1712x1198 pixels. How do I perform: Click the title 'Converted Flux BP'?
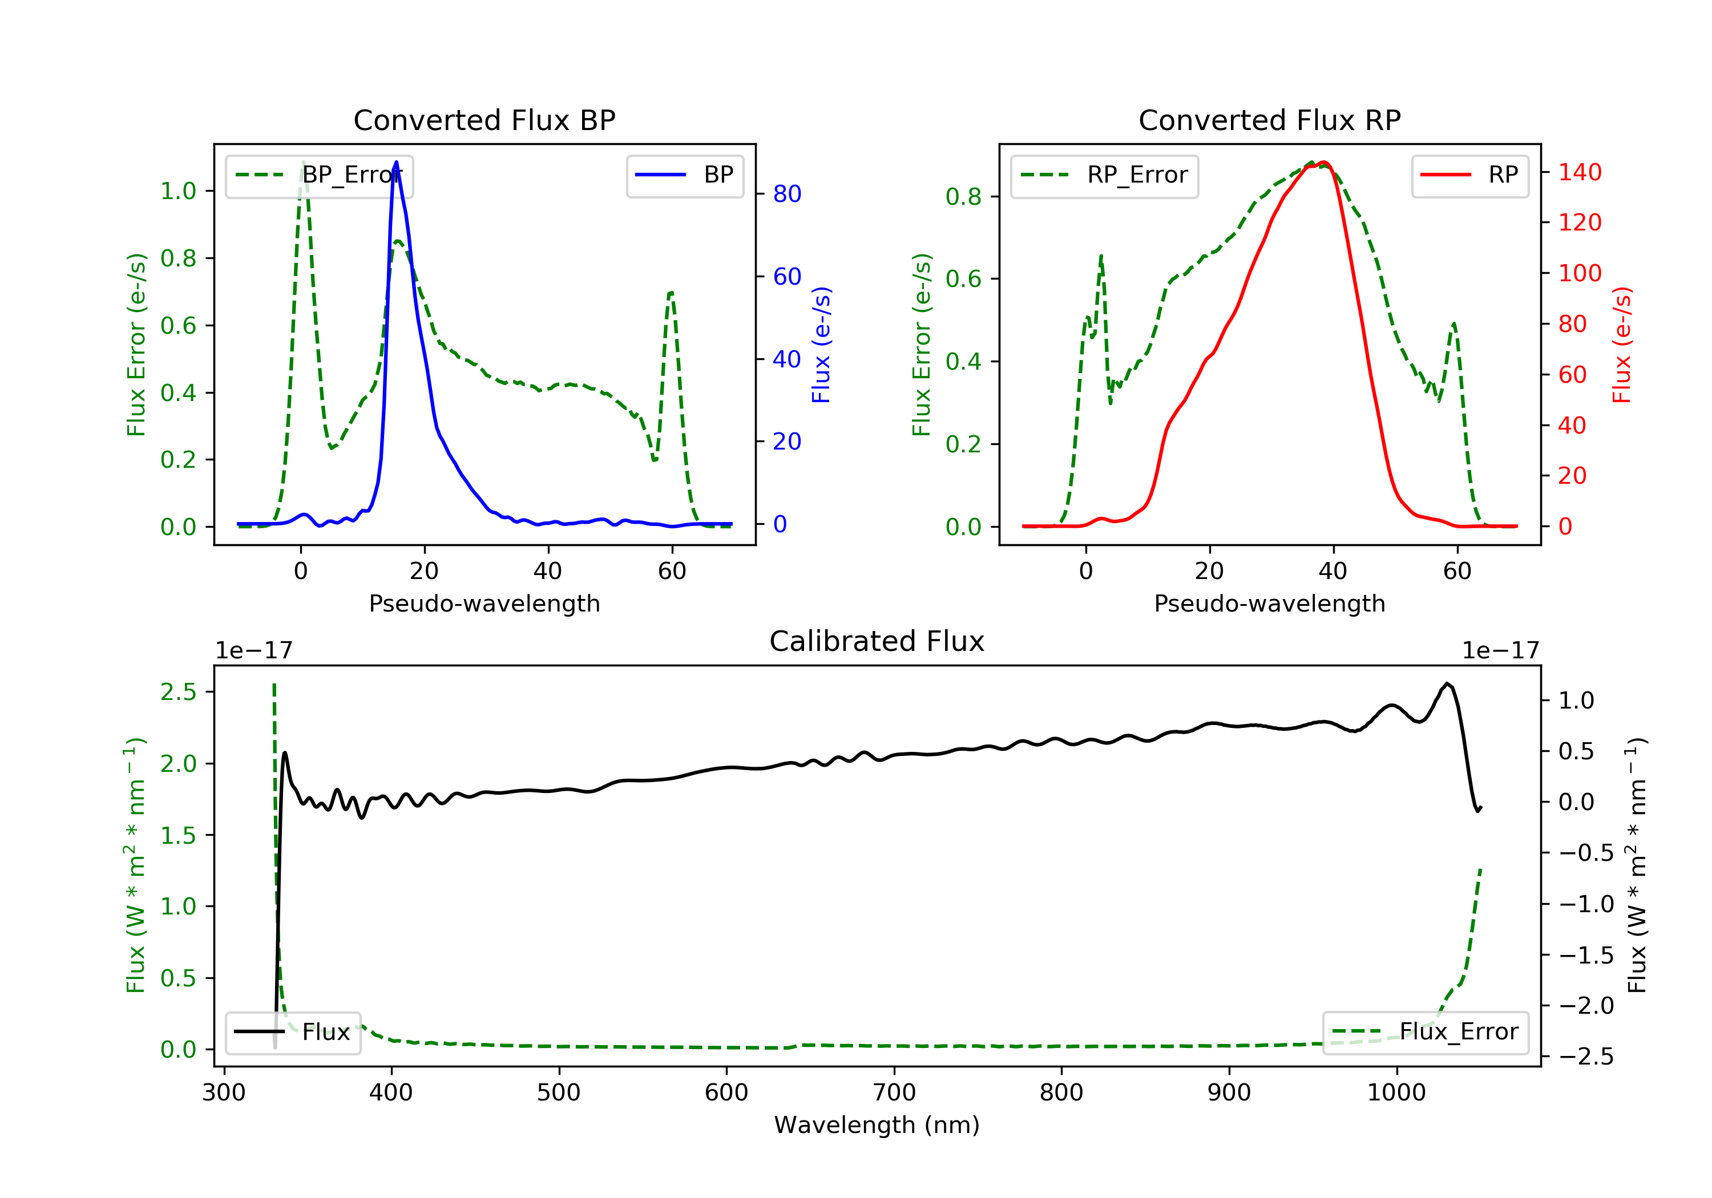(484, 120)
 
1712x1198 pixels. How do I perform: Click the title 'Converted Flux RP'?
(1269, 120)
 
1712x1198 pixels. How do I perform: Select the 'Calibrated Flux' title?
(877, 641)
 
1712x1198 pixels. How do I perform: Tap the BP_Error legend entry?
(319, 175)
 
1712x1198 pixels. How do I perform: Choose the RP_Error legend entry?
(1104, 175)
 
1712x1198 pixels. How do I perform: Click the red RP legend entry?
(1469, 175)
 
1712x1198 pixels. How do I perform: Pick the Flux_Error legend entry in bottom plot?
(1425, 1032)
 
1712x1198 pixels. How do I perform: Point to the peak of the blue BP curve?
(396, 162)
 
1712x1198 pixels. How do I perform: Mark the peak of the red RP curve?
(1323, 162)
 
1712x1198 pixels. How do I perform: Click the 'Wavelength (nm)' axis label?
(877, 1125)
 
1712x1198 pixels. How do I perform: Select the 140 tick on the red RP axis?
(1580, 172)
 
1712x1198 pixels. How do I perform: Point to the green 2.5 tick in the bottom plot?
(178, 692)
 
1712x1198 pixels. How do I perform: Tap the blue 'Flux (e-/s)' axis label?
(822, 345)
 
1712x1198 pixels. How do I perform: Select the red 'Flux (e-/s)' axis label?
(1622, 345)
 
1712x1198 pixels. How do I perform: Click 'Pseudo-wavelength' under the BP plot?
(484, 603)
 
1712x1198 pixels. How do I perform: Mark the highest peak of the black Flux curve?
(1447, 683)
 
